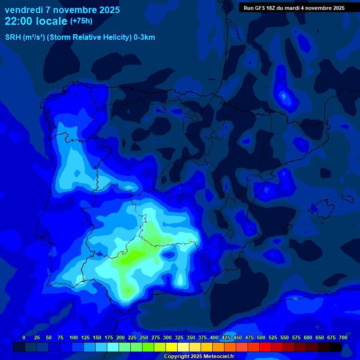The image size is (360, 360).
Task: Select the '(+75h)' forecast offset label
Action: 81,21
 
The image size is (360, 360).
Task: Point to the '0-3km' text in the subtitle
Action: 144,37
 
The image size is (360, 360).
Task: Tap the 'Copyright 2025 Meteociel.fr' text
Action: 199,357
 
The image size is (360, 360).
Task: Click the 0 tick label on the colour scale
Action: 24,337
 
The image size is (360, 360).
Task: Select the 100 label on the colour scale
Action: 74,337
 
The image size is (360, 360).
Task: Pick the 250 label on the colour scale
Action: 144,337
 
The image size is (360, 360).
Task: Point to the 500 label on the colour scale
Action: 261,337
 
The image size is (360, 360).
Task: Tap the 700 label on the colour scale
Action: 343,337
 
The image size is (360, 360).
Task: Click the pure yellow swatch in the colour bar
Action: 172,347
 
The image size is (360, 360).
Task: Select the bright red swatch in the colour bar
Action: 265,347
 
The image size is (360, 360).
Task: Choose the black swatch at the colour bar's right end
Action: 336,347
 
